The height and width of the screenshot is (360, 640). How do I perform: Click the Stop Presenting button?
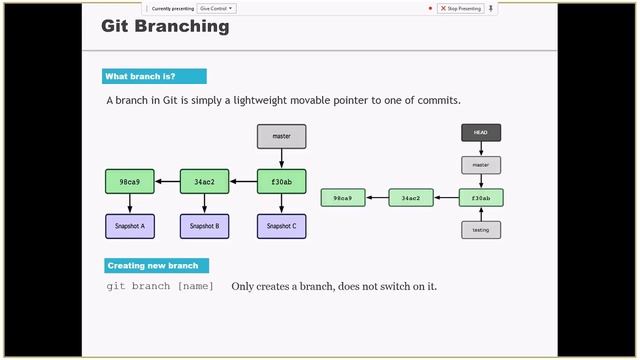coord(460,8)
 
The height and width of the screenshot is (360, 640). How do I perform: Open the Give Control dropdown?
coord(216,8)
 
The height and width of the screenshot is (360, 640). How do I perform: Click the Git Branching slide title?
coord(165,27)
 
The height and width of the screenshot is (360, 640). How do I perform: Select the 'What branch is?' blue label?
coord(154,76)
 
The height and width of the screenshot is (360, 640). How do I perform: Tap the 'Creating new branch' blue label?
coord(157,265)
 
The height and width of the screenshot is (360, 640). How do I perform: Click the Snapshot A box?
coord(130,226)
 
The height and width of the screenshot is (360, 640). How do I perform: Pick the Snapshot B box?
coord(205,226)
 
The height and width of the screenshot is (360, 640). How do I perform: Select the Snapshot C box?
coord(281,226)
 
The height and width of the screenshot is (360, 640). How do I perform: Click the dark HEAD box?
coord(481,132)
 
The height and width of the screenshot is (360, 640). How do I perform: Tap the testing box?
coord(481,230)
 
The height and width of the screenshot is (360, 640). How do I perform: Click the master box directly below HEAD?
coord(481,165)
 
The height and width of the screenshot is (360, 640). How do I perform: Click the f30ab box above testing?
coord(481,198)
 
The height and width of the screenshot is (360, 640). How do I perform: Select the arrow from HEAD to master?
coord(481,149)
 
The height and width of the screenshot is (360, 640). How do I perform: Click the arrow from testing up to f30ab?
coord(481,214)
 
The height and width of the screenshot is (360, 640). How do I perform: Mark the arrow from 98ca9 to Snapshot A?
coord(130,204)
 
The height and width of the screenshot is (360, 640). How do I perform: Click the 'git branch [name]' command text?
coord(160,286)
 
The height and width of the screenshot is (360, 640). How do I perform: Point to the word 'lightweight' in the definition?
coord(254,101)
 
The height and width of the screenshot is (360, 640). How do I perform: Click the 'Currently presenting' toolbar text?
coord(172,8)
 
